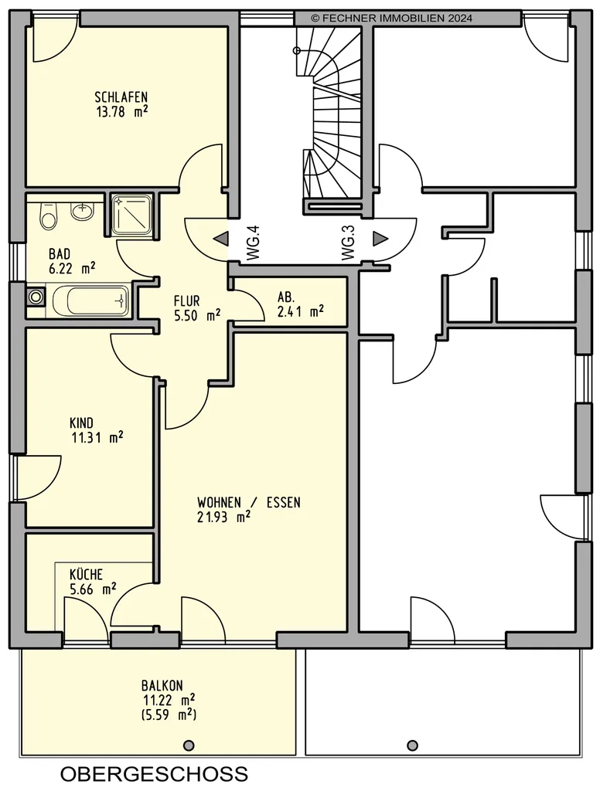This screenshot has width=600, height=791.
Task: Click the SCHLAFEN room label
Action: coord(121,97)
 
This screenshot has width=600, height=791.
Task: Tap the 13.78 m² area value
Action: coord(121,111)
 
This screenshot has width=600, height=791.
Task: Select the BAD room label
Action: coord(60,253)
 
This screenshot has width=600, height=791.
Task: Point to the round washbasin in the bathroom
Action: coord(82,212)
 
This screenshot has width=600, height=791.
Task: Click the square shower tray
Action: coord(131,215)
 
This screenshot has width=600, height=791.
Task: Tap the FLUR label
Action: coord(187,301)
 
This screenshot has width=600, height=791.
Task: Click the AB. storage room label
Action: coord(286,297)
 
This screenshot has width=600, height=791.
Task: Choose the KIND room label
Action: coord(81,423)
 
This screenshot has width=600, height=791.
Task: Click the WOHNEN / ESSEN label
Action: coord(248,502)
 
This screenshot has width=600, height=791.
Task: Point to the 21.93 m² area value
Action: coord(223,517)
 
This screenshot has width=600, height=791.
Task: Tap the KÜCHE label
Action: coord(86,574)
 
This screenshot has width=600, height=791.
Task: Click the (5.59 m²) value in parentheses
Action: coord(169,715)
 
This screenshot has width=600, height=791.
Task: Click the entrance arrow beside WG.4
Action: coord(220,239)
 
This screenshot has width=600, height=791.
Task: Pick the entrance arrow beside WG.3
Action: coord(380,239)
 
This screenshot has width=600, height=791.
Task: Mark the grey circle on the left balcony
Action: coord(189,745)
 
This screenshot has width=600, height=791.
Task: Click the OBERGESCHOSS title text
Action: coord(155,774)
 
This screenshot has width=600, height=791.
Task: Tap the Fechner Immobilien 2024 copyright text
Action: coord(392,19)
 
